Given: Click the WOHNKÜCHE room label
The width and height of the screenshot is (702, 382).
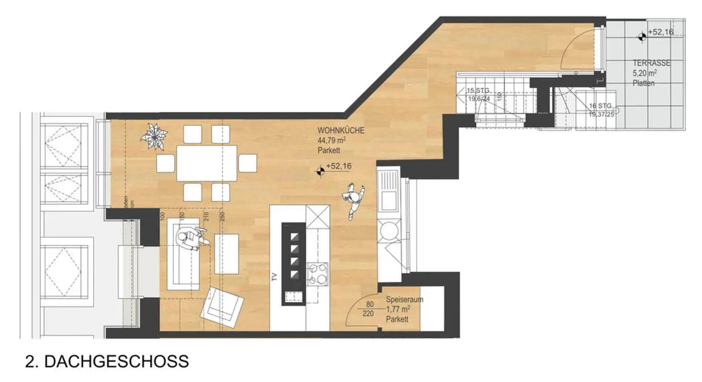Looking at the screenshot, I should click(x=341, y=130).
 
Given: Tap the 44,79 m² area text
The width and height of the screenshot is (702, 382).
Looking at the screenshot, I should click(x=331, y=140).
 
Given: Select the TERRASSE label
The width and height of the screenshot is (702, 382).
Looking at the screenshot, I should click(x=651, y=63).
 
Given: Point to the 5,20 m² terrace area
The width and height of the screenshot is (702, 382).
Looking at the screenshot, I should click(x=644, y=73).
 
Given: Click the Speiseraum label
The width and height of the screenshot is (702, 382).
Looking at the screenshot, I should click(x=404, y=299).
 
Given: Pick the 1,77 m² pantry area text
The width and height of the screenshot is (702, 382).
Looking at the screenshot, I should click(x=398, y=309).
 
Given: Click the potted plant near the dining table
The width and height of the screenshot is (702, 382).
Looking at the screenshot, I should click(x=154, y=136).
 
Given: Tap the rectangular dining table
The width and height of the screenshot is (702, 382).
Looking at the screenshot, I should click(x=207, y=163).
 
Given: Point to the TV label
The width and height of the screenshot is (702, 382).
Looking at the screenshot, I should click(x=275, y=277).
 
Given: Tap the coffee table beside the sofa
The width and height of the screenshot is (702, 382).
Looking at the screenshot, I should click(x=226, y=254).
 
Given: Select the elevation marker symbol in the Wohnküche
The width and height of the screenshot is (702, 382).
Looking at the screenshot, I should click(x=320, y=171).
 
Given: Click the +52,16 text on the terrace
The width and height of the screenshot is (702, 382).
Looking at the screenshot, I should click(x=660, y=32).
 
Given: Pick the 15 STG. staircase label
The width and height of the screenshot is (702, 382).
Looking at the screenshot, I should click(x=478, y=90).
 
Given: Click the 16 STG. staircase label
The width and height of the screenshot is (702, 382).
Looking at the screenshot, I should click(x=600, y=106).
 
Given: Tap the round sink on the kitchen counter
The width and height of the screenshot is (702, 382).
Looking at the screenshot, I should click(x=388, y=230).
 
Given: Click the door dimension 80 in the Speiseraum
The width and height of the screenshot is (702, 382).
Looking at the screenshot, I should click(x=370, y=304).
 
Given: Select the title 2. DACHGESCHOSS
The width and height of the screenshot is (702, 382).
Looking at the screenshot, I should click(x=107, y=361).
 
